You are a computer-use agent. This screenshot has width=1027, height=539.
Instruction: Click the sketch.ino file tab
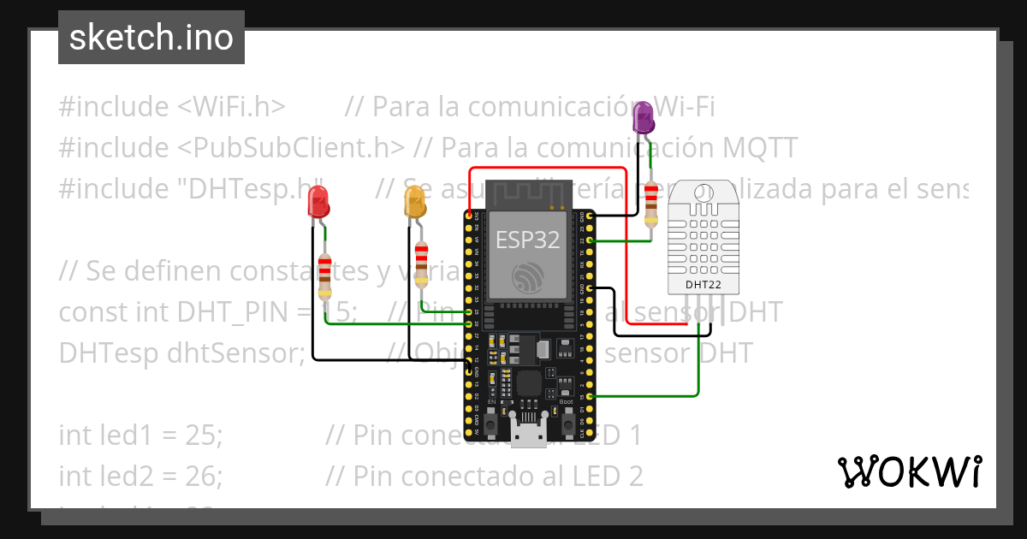[x=151, y=38]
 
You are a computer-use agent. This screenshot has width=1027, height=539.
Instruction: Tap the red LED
[x=319, y=204]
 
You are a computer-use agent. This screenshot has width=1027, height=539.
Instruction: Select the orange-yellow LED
[x=415, y=203]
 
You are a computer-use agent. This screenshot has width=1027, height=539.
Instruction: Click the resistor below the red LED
[x=324, y=275]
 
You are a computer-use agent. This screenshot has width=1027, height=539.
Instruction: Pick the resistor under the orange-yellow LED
[x=421, y=264]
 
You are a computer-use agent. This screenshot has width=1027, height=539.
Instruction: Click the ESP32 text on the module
[x=528, y=240]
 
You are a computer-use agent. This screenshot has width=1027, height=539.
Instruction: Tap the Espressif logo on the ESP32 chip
[x=527, y=278]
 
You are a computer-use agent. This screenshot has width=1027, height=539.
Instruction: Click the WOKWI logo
[x=910, y=471]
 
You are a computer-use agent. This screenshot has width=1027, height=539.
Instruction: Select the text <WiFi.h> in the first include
[x=231, y=107]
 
